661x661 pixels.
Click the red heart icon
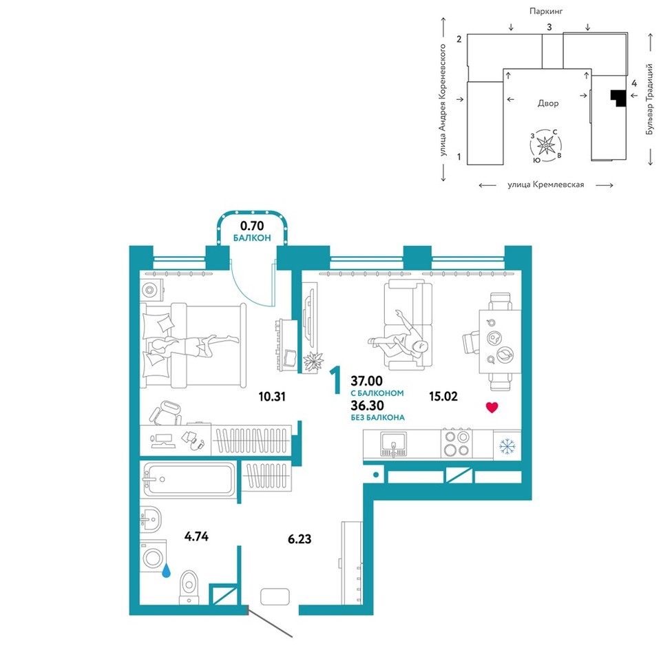(x=492, y=407)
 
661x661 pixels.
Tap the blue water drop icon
(x=167, y=571)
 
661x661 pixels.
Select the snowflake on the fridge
(x=507, y=446)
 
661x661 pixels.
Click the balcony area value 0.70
(x=252, y=226)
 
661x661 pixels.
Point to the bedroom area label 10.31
(x=272, y=397)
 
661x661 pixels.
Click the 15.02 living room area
(x=443, y=397)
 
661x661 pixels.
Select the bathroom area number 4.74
(x=196, y=536)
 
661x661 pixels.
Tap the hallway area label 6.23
(x=300, y=538)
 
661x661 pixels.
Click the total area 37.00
(x=367, y=381)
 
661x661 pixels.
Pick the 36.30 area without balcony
(x=367, y=406)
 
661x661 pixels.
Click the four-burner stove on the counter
(x=457, y=443)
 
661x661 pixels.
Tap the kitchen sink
(x=393, y=444)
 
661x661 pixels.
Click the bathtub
(x=189, y=480)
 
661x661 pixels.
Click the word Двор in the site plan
(x=548, y=103)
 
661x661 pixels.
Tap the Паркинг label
(x=546, y=12)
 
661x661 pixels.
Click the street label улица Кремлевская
(x=546, y=185)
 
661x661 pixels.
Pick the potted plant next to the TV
(x=313, y=361)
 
